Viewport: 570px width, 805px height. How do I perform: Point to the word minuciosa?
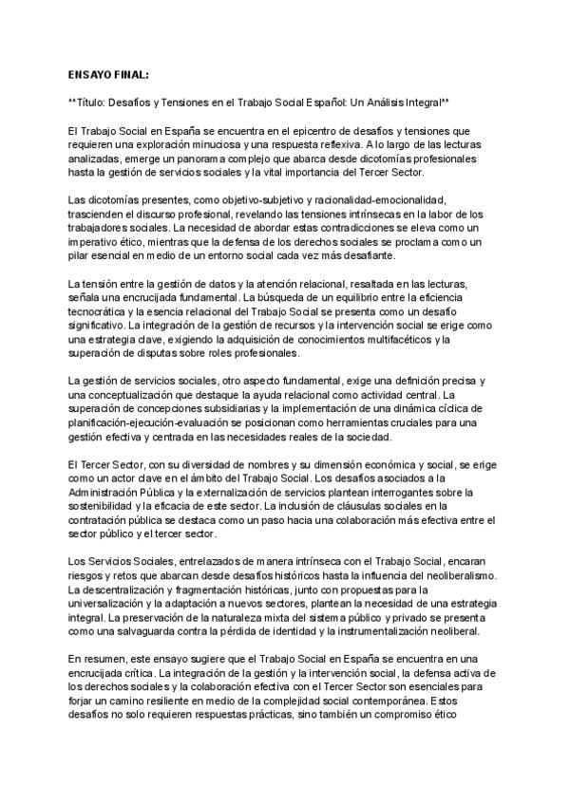[216, 141]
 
